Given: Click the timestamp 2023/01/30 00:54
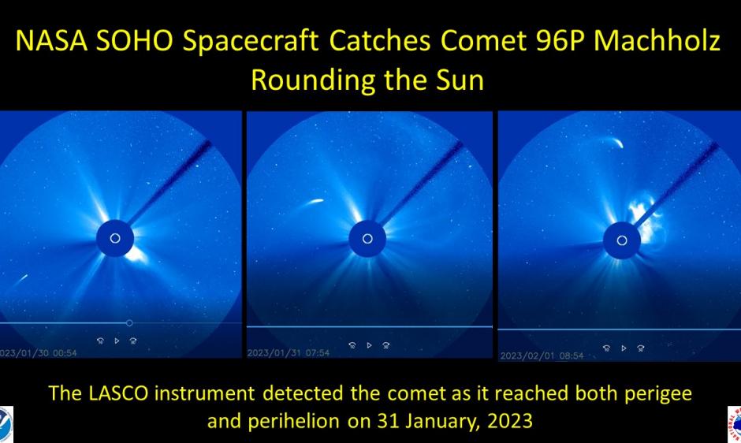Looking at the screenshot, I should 39,352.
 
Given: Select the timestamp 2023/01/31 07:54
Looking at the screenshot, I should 289,352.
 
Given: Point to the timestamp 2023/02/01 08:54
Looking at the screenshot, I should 542,356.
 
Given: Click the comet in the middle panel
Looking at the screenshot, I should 311,203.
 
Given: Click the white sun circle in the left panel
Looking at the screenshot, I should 115,238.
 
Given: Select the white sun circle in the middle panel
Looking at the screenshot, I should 367,238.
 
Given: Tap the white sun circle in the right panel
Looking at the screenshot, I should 622,240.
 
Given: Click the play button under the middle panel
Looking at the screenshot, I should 369,344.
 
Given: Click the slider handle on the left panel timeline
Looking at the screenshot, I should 129,323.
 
